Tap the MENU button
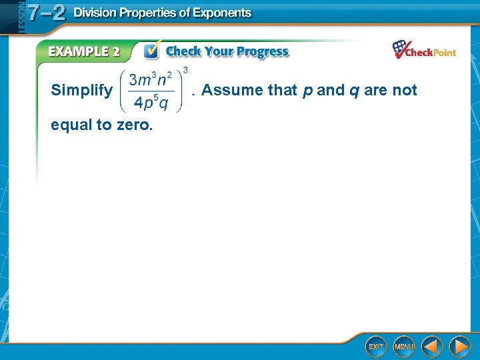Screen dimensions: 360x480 404,346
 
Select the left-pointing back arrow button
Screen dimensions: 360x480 432,346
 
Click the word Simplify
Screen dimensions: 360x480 81,90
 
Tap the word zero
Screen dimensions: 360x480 134,124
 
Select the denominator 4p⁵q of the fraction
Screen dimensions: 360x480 151,102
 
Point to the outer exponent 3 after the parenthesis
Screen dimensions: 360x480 185,69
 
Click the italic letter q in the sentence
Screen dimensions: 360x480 353,91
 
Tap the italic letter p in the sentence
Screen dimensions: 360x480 307,91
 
